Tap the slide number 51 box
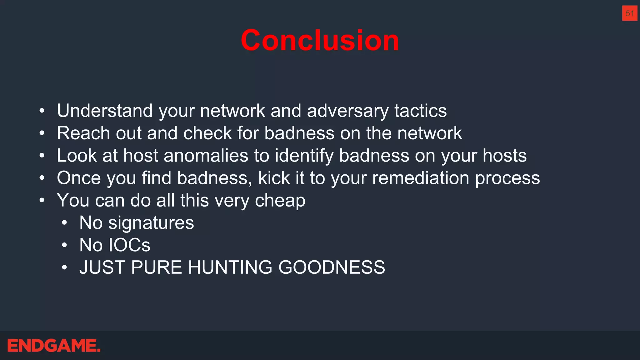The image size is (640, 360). tap(629, 13)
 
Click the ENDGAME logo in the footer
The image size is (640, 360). tap(54, 346)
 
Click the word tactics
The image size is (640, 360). tap(420, 111)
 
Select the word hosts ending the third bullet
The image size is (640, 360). tap(504, 156)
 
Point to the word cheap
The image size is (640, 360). tap(280, 201)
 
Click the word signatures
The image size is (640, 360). tap(151, 223)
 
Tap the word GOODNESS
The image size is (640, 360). tap(332, 267)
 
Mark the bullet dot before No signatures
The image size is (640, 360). tap(64, 223)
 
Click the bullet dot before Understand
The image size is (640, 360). tap(42, 111)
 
